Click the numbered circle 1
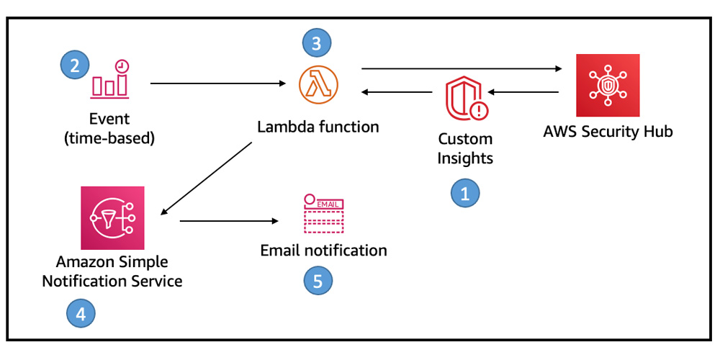click(464, 193)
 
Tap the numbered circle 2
click(75, 65)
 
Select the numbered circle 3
click(316, 43)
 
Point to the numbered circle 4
click(81, 315)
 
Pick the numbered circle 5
click(318, 281)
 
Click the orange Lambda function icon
click(318, 84)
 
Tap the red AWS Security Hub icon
click(608, 86)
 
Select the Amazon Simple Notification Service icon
click(112, 217)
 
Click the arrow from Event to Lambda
click(218, 84)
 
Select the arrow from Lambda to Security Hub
click(462, 69)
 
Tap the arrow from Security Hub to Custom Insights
click(523, 92)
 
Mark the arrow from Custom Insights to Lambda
click(397, 92)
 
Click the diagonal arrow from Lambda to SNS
click(207, 178)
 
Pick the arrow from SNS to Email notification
click(229, 221)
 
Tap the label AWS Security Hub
click(608, 132)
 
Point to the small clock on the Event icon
click(122, 66)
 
